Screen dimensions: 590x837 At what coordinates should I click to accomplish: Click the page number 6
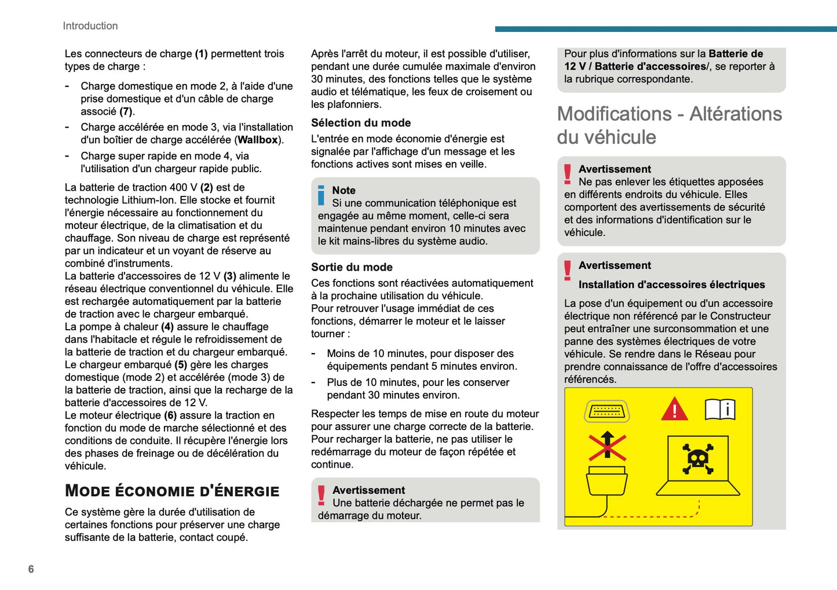pyautogui.click(x=31, y=569)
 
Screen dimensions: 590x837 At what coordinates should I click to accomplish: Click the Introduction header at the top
pyautogui.click(x=90, y=26)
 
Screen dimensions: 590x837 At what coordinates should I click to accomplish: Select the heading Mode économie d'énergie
pyautogui.click(x=172, y=491)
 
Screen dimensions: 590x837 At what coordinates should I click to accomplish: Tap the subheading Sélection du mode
pyautogui.click(x=361, y=123)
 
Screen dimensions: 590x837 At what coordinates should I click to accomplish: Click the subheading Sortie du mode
pyautogui.click(x=352, y=267)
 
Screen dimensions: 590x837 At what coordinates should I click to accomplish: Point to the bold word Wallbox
pyautogui.click(x=258, y=140)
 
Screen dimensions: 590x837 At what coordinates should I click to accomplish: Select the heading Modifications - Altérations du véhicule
pyautogui.click(x=669, y=125)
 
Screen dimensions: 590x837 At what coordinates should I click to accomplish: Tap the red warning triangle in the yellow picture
pyautogui.click(x=674, y=410)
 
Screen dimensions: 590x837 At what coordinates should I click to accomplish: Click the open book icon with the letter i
pyautogui.click(x=720, y=410)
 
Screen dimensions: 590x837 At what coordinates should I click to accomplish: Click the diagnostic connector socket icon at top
pyautogui.click(x=606, y=411)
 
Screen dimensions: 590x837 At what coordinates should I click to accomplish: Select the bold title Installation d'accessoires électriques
pyautogui.click(x=671, y=285)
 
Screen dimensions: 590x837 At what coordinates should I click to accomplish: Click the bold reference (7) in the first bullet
pyautogui.click(x=126, y=111)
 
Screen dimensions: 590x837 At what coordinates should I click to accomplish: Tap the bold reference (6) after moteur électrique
pyautogui.click(x=170, y=416)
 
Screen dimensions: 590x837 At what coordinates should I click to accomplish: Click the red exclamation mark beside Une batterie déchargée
pyautogui.click(x=321, y=496)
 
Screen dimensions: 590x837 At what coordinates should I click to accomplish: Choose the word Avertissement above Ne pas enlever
pyautogui.click(x=615, y=169)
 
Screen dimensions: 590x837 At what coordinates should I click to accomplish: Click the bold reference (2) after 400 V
pyautogui.click(x=207, y=187)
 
